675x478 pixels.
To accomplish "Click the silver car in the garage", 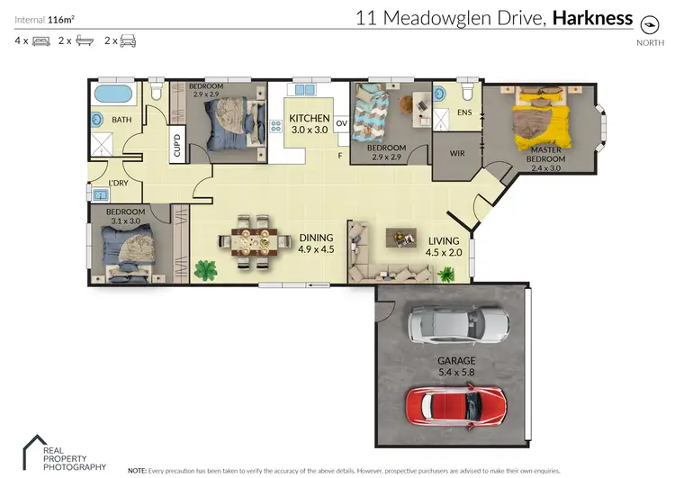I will pos(459,325).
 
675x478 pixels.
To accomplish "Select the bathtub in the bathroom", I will pos(113,94).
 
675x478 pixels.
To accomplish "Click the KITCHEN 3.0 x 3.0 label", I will pos(310,123).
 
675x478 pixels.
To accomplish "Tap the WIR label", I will pos(457,153).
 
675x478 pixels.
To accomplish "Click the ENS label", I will pos(464,113).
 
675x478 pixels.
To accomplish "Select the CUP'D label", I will pos(178,145).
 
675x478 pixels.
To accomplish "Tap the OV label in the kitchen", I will pos(341,123).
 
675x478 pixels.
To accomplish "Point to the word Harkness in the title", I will pos(592,17).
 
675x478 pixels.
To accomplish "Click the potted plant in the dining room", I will pos(205,267).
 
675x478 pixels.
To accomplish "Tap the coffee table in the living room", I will pos(400,237).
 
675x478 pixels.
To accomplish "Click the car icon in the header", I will pos(128,41).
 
